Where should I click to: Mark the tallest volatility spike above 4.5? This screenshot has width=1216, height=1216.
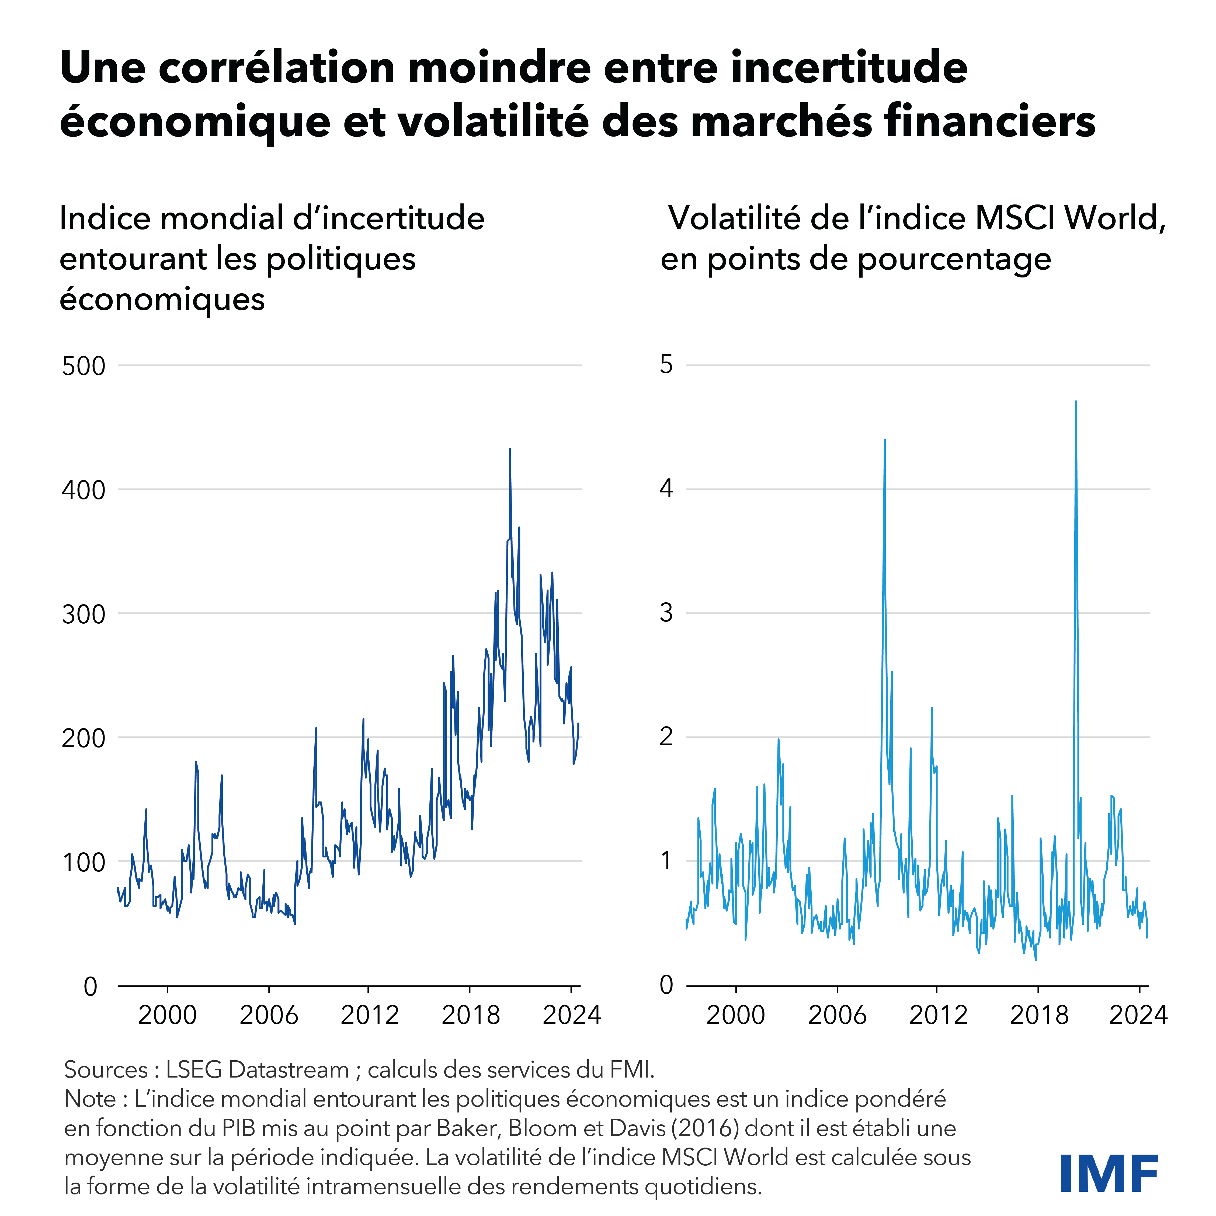tap(1076, 402)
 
